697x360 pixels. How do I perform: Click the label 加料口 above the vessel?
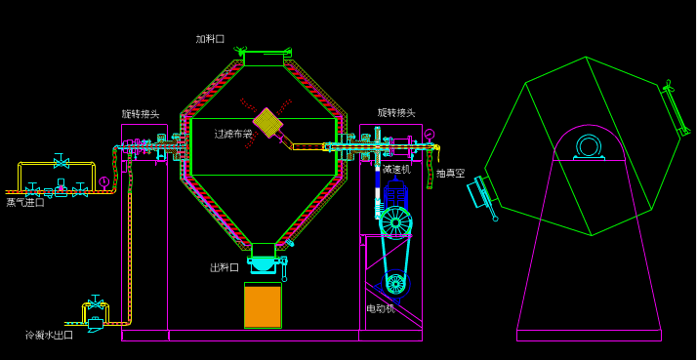210,39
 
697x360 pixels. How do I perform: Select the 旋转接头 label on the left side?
141,114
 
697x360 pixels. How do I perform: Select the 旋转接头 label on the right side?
396,113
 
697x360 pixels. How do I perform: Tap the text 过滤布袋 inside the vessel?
233,134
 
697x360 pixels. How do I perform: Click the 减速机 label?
396,170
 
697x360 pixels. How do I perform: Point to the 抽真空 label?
450,174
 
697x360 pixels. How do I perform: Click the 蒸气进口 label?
25,203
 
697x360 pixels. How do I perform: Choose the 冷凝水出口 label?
49,336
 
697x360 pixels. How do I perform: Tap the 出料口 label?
225,267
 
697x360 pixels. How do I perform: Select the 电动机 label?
381,308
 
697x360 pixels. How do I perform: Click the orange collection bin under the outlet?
263,305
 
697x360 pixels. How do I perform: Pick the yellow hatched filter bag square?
267,122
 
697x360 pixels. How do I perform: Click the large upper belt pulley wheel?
395,221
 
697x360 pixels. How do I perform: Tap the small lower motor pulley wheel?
395,284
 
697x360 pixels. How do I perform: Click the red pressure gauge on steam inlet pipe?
103,181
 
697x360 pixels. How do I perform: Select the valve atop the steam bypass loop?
61,162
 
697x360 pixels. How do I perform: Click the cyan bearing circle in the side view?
589,146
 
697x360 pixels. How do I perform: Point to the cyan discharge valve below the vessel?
264,263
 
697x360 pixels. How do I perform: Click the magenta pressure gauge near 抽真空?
429,135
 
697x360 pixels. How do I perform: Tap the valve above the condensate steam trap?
95,303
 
